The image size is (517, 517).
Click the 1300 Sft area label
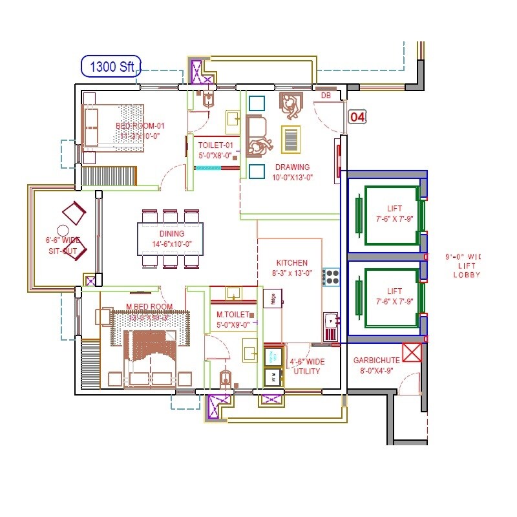[111, 67]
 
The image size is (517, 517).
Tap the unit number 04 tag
[357, 117]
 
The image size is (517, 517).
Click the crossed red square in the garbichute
[412, 353]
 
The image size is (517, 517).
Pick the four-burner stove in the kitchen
[332, 277]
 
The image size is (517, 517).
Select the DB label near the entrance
[326, 96]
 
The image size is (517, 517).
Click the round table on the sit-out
[63, 230]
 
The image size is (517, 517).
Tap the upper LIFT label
[394, 208]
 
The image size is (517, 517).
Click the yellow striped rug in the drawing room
[291, 139]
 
